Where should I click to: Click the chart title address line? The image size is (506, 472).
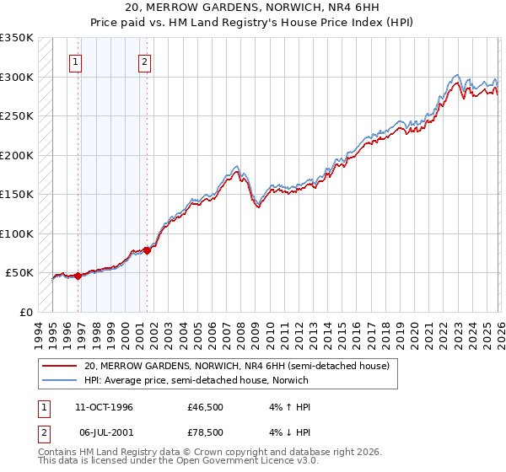[252, 9]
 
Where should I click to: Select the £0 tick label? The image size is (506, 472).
[25, 312]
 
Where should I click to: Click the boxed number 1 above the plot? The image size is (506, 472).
[76, 62]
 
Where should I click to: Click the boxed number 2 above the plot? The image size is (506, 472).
[144, 62]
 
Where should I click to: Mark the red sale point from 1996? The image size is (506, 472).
[78, 276]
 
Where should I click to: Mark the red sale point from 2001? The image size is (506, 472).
[147, 249]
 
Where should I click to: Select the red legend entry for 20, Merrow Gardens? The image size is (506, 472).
[236, 367]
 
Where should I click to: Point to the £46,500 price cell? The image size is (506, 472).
[206, 407]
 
